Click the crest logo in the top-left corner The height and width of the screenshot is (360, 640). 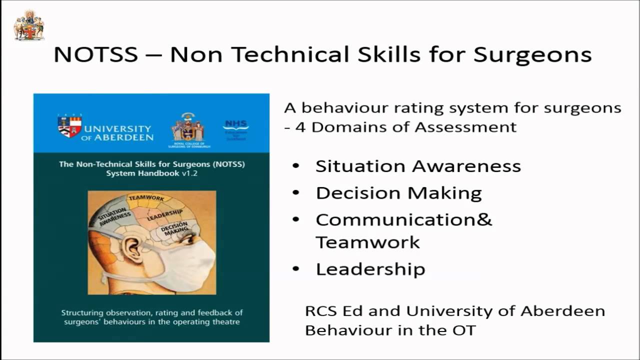point(28,25)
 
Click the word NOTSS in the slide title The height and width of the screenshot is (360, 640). point(95,54)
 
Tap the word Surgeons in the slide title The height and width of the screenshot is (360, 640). point(532,54)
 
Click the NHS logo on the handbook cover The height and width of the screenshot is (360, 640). point(235,125)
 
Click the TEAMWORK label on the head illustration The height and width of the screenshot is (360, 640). point(146,198)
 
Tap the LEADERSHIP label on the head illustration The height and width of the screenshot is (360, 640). point(164,215)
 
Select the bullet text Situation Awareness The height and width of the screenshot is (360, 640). point(418,166)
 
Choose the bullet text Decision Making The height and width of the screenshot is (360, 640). point(398,193)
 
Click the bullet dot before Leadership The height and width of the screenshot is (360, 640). point(296,269)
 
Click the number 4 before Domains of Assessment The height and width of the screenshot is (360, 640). point(300,127)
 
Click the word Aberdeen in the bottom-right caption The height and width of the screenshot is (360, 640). point(562,311)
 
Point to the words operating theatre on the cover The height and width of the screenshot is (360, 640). point(207,321)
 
